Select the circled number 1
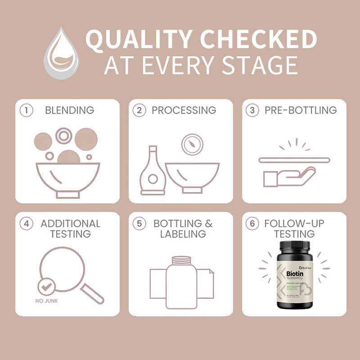(x=28, y=111)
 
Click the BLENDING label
(x=69, y=110)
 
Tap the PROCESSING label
(x=184, y=110)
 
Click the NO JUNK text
(x=46, y=301)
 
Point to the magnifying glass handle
(x=92, y=293)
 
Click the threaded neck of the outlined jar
(x=180, y=260)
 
